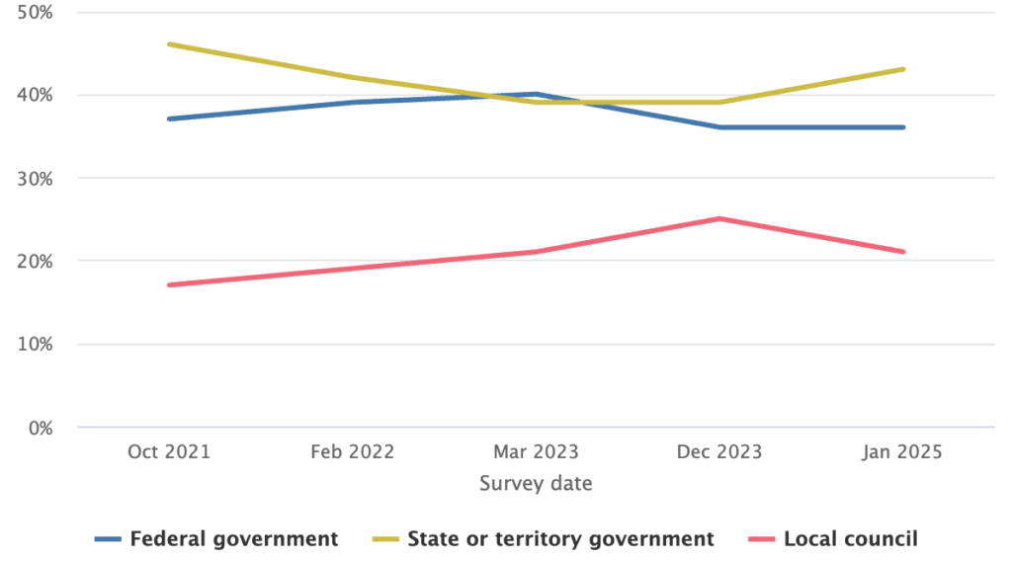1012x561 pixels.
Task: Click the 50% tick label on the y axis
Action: pos(36,13)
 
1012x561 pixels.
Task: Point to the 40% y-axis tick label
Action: pos(36,96)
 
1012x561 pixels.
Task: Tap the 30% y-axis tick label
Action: pos(36,179)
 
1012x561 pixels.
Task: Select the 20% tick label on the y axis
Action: pos(36,262)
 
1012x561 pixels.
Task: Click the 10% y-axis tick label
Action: pos(36,345)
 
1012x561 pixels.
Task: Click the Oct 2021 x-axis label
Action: pos(169,452)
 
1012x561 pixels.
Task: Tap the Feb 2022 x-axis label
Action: pos(353,452)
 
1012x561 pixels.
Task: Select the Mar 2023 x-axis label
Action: pos(536,452)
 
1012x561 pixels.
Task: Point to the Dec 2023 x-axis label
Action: pos(719,452)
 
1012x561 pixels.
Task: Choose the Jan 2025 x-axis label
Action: pos(902,452)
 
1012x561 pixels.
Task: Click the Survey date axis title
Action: pos(536,484)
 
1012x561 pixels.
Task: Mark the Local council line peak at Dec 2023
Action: pos(720,218)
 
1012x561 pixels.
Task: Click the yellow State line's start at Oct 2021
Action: pos(170,43)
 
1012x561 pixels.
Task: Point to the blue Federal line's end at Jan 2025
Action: pos(903,127)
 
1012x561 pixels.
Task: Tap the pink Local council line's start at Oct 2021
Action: pos(170,284)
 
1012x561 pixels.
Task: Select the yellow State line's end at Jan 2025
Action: pos(903,69)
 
